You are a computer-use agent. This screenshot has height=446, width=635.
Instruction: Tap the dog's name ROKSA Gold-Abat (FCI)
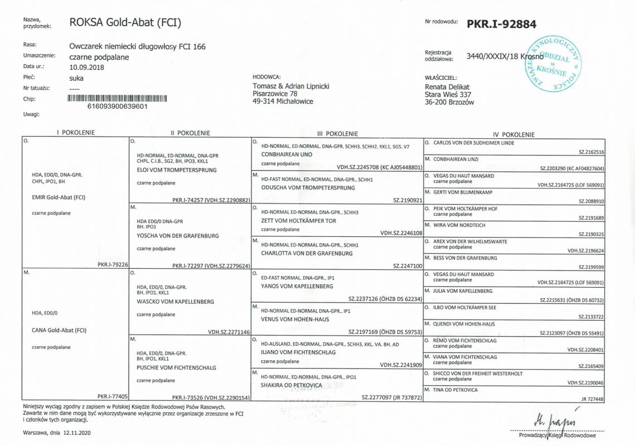coord(125,23)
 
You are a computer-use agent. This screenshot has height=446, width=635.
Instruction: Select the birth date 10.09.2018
coord(86,67)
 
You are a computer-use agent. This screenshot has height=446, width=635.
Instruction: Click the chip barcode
coord(118,98)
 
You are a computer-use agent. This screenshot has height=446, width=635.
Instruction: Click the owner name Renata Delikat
coord(447,87)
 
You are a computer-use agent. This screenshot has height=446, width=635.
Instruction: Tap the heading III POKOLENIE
coord(337,134)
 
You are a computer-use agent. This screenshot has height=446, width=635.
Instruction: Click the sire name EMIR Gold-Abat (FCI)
coord(60,197)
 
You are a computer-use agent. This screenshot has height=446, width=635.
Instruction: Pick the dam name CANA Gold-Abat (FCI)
coord(60,330)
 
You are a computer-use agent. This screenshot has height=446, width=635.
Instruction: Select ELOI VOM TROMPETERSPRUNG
coord(177,169)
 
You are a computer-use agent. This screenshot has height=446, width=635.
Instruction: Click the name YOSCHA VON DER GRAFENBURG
coord(178,235)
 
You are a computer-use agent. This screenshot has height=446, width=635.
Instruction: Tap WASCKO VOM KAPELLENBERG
coord(175,301)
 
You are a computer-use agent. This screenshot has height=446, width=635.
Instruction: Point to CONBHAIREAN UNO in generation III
coord(286,154)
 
